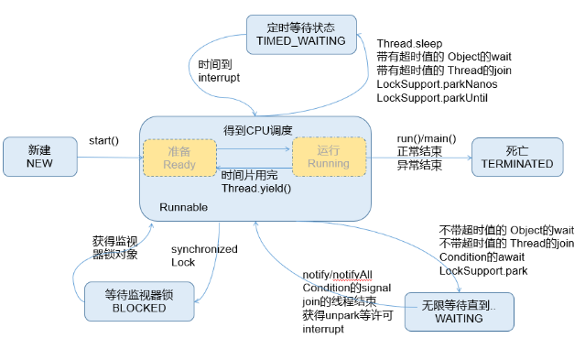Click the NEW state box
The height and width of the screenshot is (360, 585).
pyautogui.click(x=39, y=157)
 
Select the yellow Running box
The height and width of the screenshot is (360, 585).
pyautogui.click(x=329, y=157)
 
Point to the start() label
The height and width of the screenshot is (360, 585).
pyautogui.click(x=103, y=140)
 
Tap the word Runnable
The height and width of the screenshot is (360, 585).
pyautogui.click(x=183, y=207)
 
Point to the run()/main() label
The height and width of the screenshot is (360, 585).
pyautogui.click(x=428, y=138)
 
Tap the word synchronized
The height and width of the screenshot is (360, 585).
pyautogui.click(x=204, y=249)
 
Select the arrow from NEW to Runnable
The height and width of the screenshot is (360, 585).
pyautogui.click(x=108, y=157)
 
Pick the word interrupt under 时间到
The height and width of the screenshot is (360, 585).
pyautogui.click(x=219, y=79)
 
